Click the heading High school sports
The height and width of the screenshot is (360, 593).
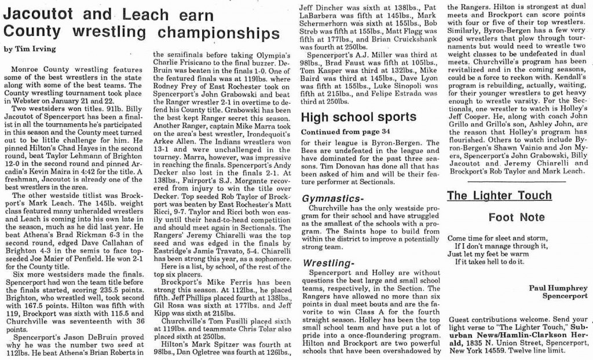pos(358,117)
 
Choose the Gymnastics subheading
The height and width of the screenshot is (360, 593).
pos(332,199)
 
